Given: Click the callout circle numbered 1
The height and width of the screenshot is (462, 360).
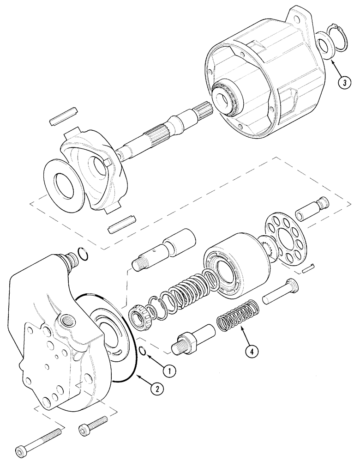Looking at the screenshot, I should [x=169, y=370].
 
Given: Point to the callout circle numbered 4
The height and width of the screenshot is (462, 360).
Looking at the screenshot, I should [x=250, y=352].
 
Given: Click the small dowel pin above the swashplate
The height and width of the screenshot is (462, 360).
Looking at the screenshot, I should [x=63, y=115].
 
